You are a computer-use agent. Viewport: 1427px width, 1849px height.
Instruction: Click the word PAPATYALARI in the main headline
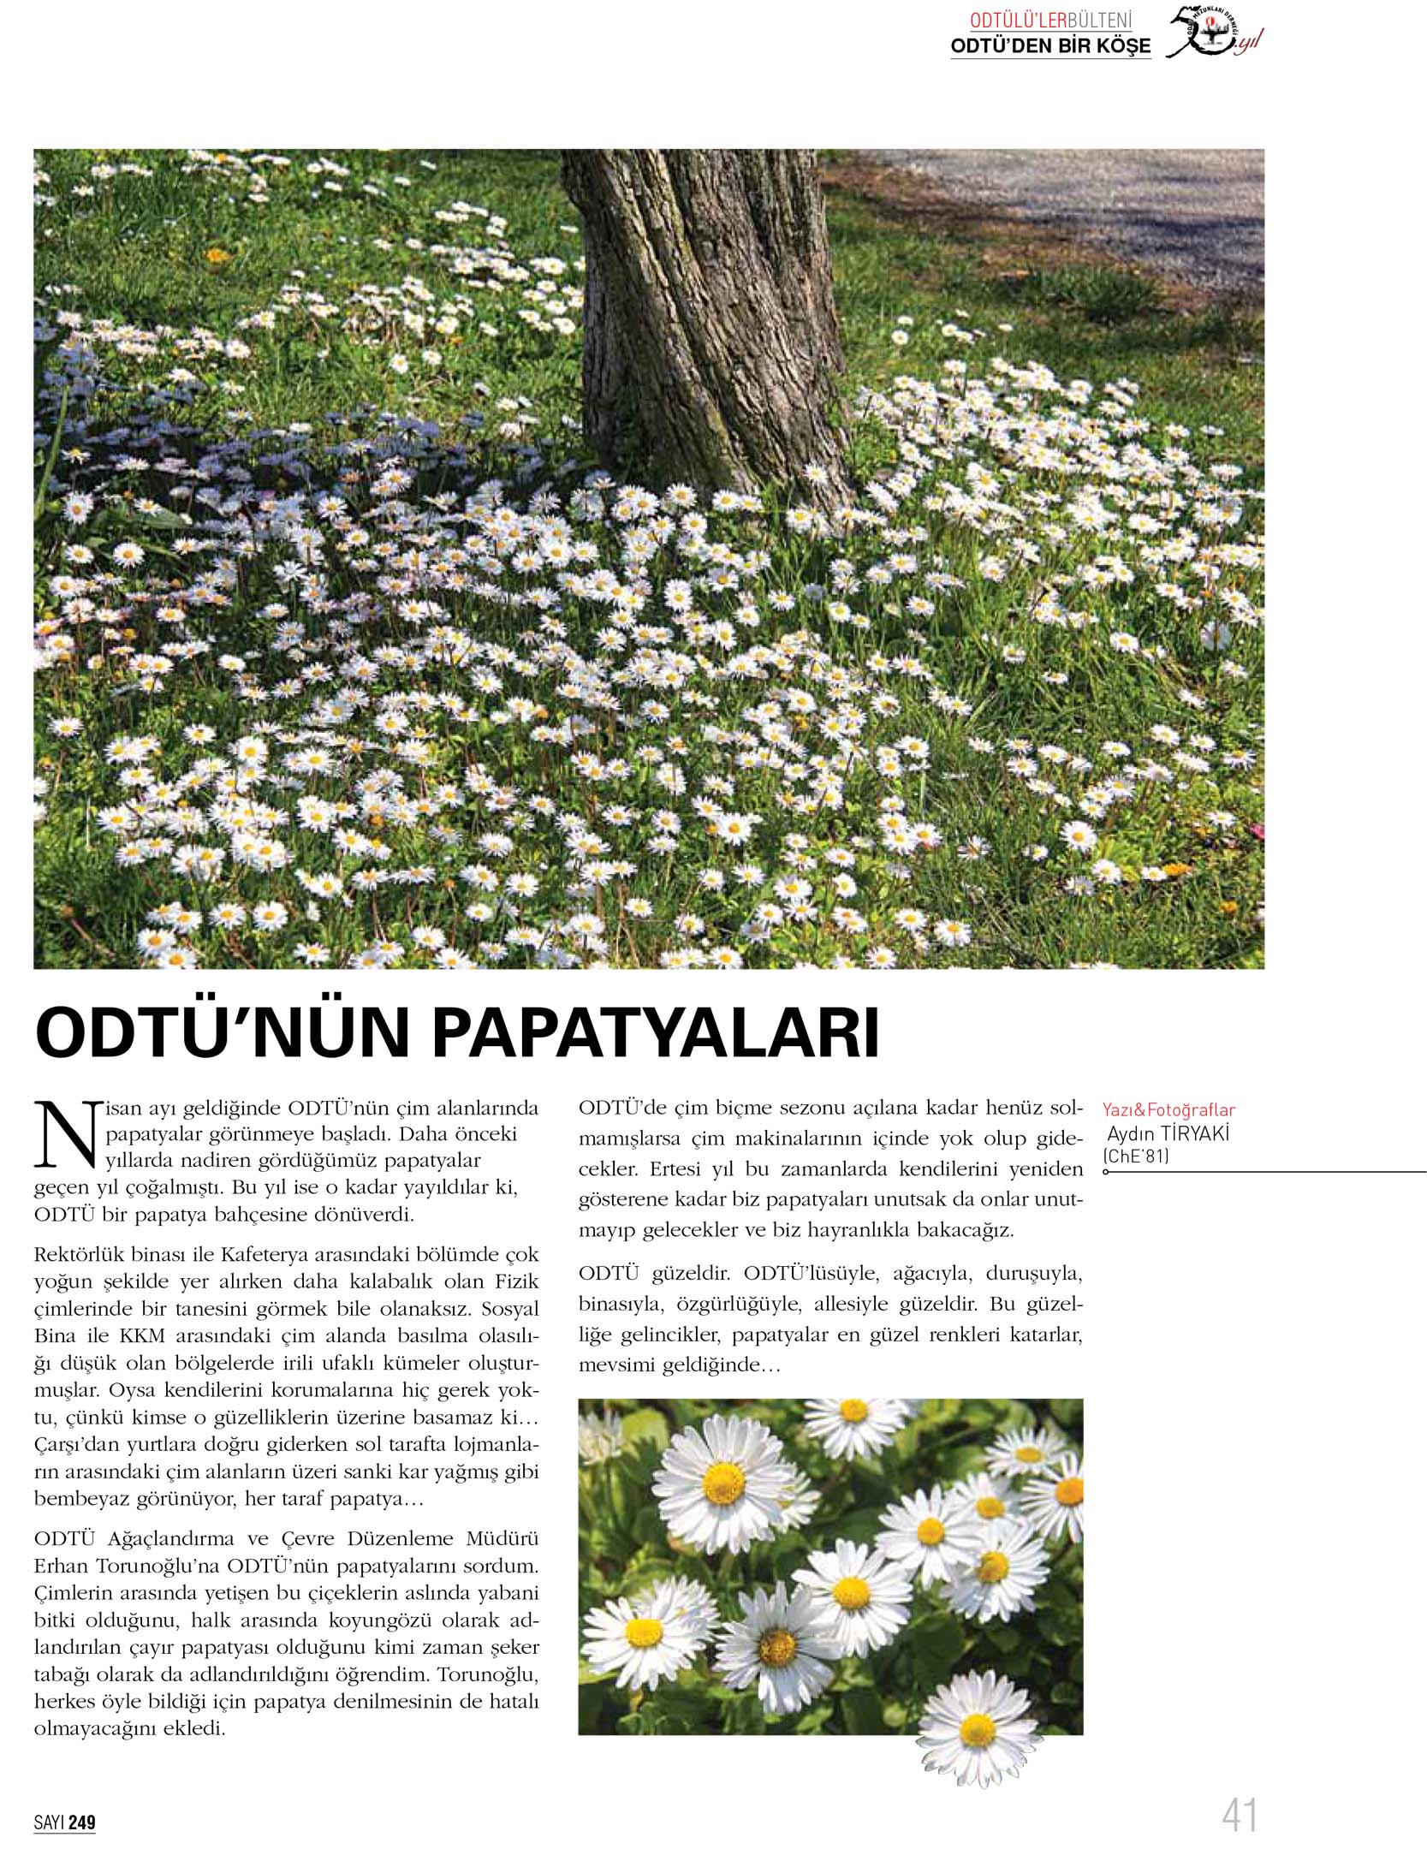tap(656, 1033)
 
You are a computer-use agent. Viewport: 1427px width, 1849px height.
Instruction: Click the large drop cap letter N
tap(68, 1136)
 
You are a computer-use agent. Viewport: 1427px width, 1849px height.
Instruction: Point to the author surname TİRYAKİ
tap(1190, 1133)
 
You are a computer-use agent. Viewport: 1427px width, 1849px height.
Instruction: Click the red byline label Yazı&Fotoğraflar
tap(1168, 1110)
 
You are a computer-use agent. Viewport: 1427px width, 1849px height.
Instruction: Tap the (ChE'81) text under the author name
tap(1135, 1156)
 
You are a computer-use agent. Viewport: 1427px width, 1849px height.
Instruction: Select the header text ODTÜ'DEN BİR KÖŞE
tap(1050, 46)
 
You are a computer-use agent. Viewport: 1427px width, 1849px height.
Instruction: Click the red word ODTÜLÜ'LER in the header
tap(1018, 21)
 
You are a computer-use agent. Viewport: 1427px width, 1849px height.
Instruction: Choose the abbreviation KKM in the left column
tap(142, 1336)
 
